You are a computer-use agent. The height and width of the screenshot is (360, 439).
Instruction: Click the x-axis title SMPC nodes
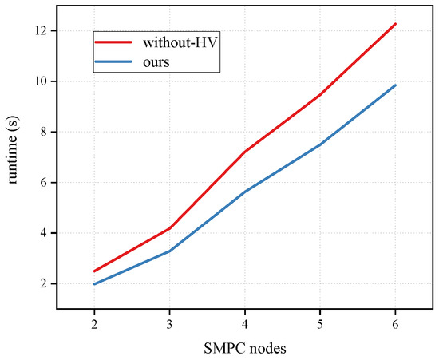[244, 348]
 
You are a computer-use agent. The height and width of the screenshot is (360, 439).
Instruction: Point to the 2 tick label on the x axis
[94, 323]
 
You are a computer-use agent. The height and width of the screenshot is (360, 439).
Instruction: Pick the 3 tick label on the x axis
[169, 323]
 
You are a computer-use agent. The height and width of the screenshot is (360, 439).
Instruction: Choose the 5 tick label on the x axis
[320, 323]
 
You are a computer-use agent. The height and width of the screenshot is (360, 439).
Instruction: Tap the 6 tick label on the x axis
[395, 323]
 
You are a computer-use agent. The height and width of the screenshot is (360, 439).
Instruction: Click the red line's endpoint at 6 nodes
[395, 24]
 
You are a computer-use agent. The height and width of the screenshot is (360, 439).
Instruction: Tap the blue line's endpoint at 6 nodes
[395, 85]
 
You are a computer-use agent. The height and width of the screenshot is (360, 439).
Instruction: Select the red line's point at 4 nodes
[244, 152]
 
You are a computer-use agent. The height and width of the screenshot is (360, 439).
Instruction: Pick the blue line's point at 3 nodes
[169, 251]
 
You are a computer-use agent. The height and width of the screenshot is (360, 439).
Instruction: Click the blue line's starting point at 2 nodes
[94, 284]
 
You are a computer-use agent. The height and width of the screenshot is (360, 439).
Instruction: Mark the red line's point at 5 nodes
[320, 95]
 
